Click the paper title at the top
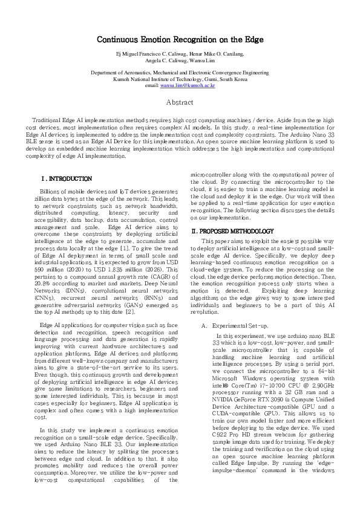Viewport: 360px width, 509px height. (x=180, y=40)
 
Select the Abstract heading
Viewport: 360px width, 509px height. (x=180, y=102)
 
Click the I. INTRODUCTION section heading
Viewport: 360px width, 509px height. (x=66, y=179)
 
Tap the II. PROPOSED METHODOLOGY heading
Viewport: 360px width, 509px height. (x=232, y=232)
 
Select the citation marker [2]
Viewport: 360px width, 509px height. (x=129, y=311)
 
